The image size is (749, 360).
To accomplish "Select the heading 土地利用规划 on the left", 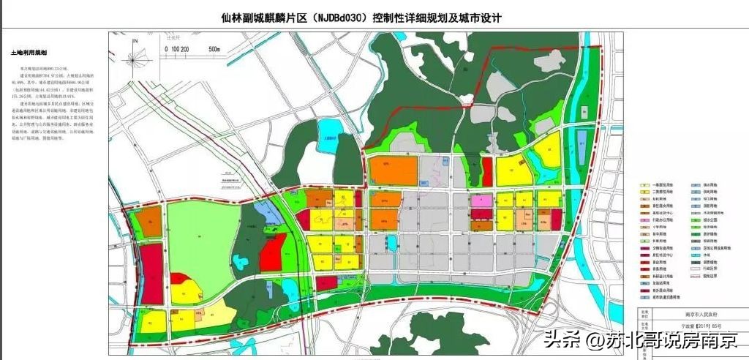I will (29, 53).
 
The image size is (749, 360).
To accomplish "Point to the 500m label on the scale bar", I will (214, 49).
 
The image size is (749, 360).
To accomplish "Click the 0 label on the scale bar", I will (166, 49).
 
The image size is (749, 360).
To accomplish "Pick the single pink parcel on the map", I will (481, 200).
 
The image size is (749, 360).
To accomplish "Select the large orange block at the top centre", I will (393, 170).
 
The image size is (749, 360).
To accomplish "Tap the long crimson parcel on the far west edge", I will (150, 271).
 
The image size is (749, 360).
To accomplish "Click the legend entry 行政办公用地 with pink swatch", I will (662, 219).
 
